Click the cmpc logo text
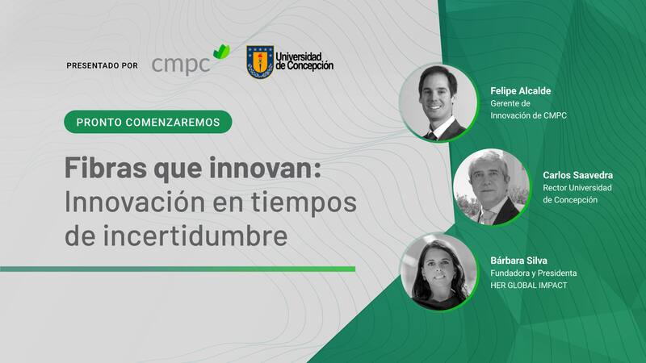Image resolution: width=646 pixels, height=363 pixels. [x=181, y=65]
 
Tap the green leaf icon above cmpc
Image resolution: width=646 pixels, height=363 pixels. [x=221, y=52]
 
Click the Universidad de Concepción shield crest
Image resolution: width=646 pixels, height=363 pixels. [x=260, y=62]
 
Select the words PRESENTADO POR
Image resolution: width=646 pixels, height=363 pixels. [x=103, y=65]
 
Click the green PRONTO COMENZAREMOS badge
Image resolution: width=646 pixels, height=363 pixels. [x=148, y=122]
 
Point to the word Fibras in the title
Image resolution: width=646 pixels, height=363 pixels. [x=106, y=168]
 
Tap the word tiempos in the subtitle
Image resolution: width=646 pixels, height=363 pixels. [x=304, y=202]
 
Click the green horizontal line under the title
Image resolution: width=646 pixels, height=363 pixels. [x=178, y=269]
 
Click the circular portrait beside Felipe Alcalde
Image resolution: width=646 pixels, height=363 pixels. [x=438, y=103]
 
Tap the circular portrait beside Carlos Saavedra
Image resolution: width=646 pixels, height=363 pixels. [x=491, y=187]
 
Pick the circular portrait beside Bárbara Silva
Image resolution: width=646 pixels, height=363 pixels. [x=439, y=272]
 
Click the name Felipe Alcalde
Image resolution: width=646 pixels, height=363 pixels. [x=520, y=91]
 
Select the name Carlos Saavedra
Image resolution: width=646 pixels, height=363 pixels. [x=577, y=175]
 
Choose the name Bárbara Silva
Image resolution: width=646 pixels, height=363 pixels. [x=518, y=261]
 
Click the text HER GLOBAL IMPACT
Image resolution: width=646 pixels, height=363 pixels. [x=529, y=286]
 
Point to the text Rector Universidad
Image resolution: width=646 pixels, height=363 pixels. [x=577, y=188]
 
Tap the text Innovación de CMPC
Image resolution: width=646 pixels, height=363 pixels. [x=528, y=115]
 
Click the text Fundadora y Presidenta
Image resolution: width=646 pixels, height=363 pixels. [x=534, y=273]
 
